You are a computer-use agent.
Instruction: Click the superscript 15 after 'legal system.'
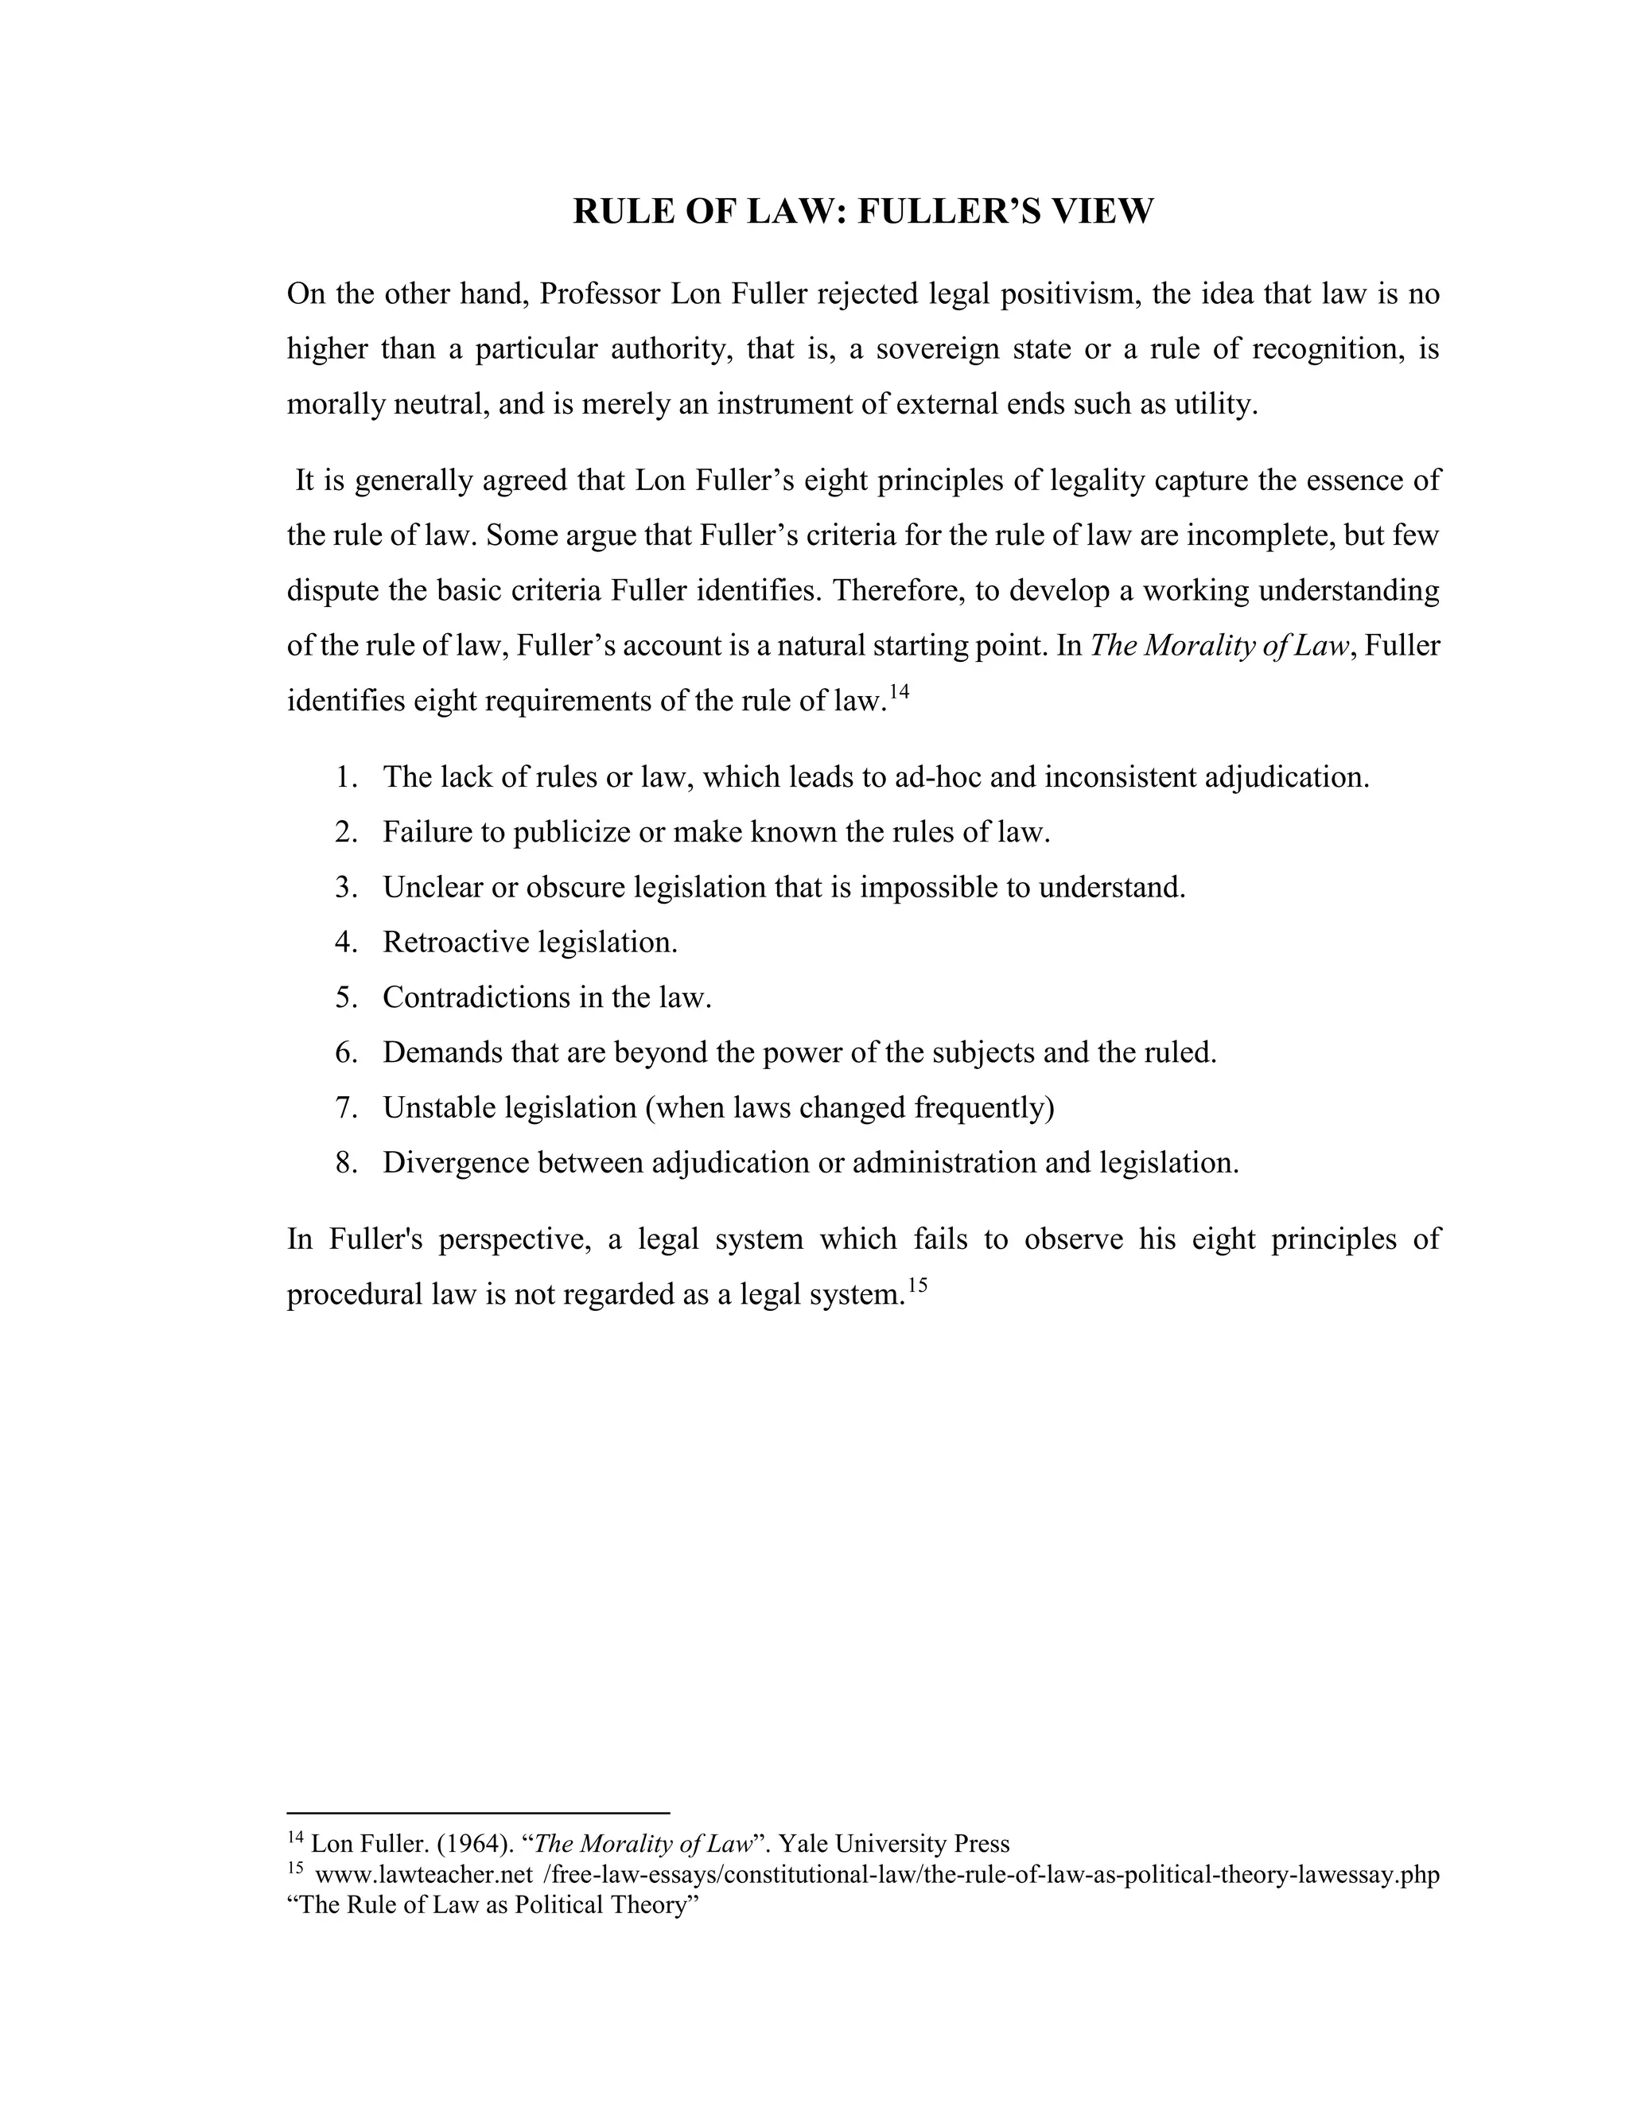point(917,1285)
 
